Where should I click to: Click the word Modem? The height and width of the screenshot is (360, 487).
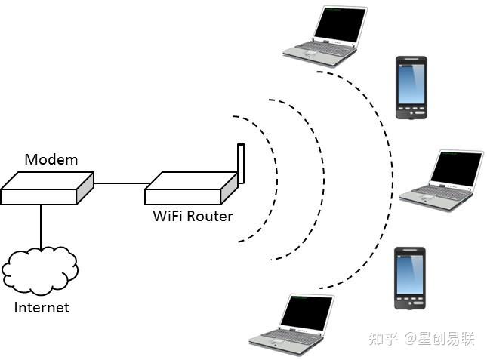(51, 159)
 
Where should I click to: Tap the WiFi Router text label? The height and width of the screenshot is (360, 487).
(193, 217)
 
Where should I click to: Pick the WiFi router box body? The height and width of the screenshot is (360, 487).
(190, 189)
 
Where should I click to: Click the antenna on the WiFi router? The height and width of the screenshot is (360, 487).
(241, 161)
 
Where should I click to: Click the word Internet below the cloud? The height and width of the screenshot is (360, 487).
(42, 307)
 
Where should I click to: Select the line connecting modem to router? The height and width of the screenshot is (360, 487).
(119, 183)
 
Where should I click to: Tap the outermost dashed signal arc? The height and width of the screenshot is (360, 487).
(392, 181)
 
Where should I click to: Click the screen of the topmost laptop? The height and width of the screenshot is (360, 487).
(340, 25)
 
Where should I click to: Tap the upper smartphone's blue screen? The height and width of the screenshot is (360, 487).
(411, 84)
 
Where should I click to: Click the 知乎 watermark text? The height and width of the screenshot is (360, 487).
(383, 339)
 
